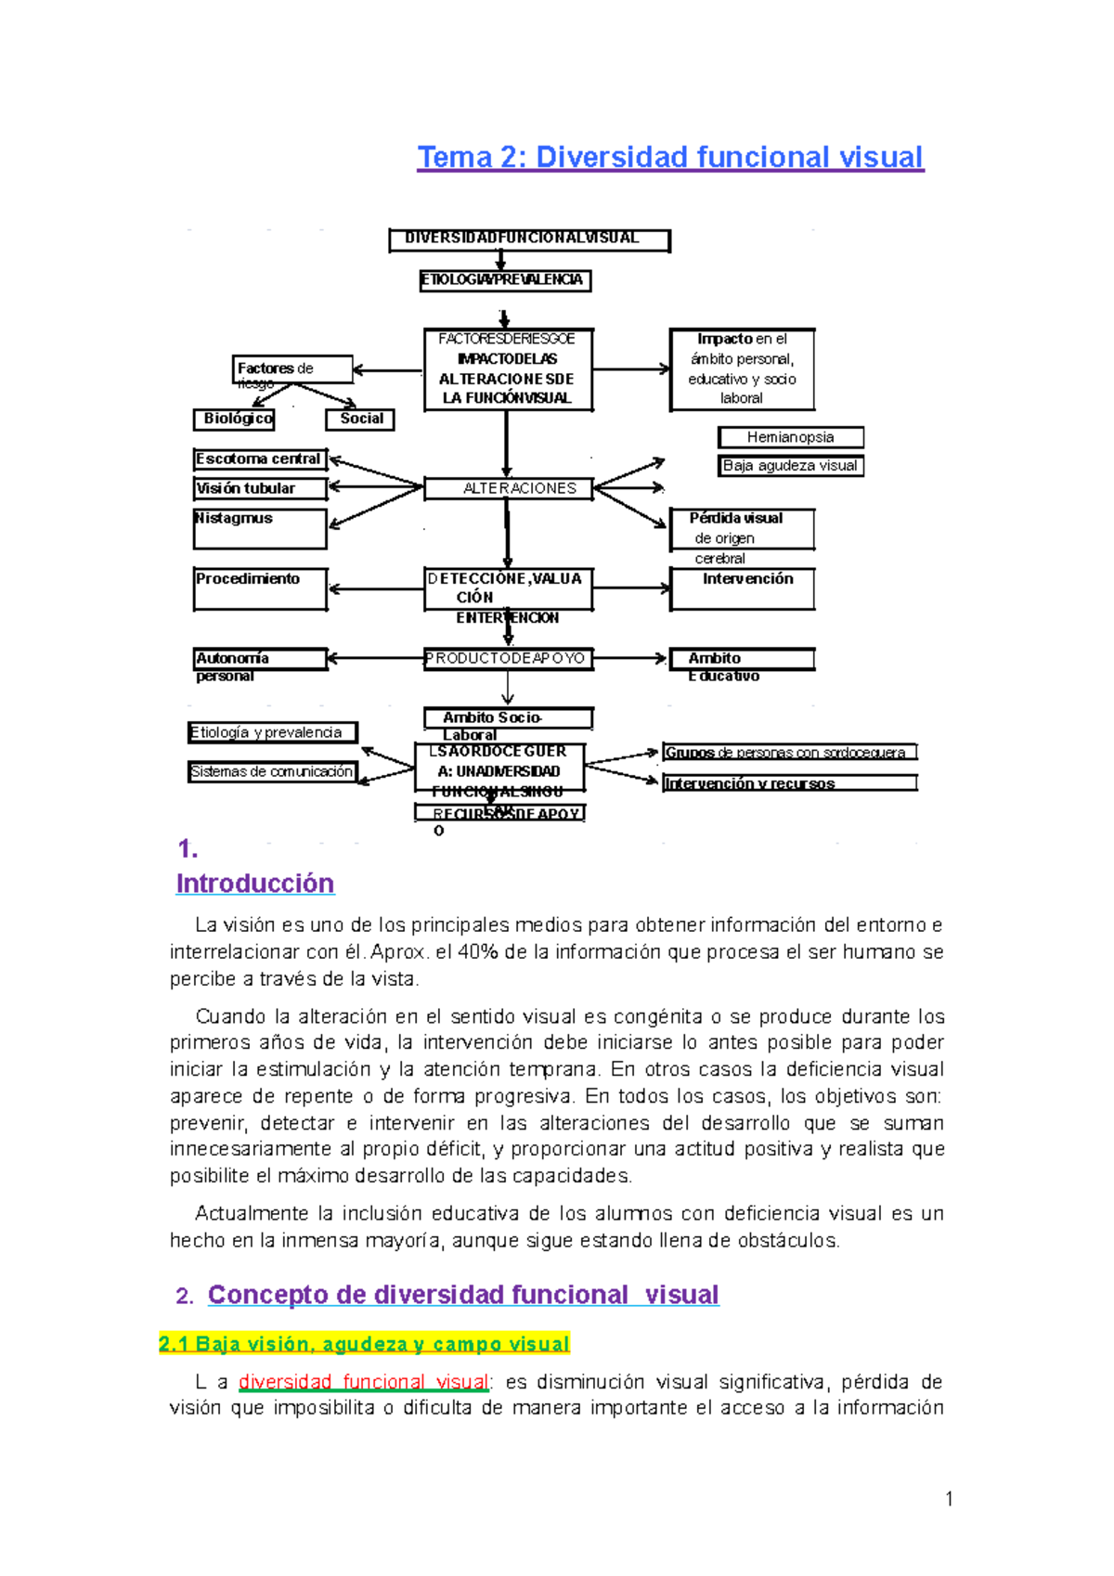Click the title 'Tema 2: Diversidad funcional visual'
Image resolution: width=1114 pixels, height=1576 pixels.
tap(670, 157)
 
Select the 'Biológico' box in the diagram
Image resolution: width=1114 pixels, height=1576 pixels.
tap(234, 419)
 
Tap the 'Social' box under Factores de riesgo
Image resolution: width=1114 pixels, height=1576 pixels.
tap(361, 419)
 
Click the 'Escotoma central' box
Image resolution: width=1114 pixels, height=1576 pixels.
tap(260, 459)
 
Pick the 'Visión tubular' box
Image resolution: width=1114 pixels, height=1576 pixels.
tap(260, 488)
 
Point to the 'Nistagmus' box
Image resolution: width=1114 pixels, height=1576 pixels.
tap(260, 527)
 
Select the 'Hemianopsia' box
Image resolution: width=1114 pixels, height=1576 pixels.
tap(790, 437)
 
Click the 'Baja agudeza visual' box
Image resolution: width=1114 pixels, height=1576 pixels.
tap(790, 466)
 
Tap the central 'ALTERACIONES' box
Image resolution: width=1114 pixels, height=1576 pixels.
tap(509, 488)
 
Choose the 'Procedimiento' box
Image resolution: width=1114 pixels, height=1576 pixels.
tap(260, 588)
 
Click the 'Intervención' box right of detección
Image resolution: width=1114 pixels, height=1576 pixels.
tap(743, 588)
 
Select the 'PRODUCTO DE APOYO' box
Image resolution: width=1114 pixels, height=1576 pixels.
tap(508, 658)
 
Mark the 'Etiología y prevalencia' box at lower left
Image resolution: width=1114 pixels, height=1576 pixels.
tap(272, 732)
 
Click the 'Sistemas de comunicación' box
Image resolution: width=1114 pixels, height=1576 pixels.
tap(272, 771)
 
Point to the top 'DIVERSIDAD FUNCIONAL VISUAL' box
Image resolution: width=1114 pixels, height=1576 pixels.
tap(528, 239)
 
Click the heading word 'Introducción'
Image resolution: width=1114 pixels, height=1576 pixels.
tap(255, 884)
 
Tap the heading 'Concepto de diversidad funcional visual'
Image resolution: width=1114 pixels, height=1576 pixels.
tap(463, 1295)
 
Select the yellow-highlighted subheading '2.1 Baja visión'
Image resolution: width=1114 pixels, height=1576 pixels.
tap(364, 1344)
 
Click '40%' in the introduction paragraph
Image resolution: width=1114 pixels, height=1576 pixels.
tap(478, 951)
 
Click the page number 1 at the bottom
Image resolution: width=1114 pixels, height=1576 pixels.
tap(949, 1498)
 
